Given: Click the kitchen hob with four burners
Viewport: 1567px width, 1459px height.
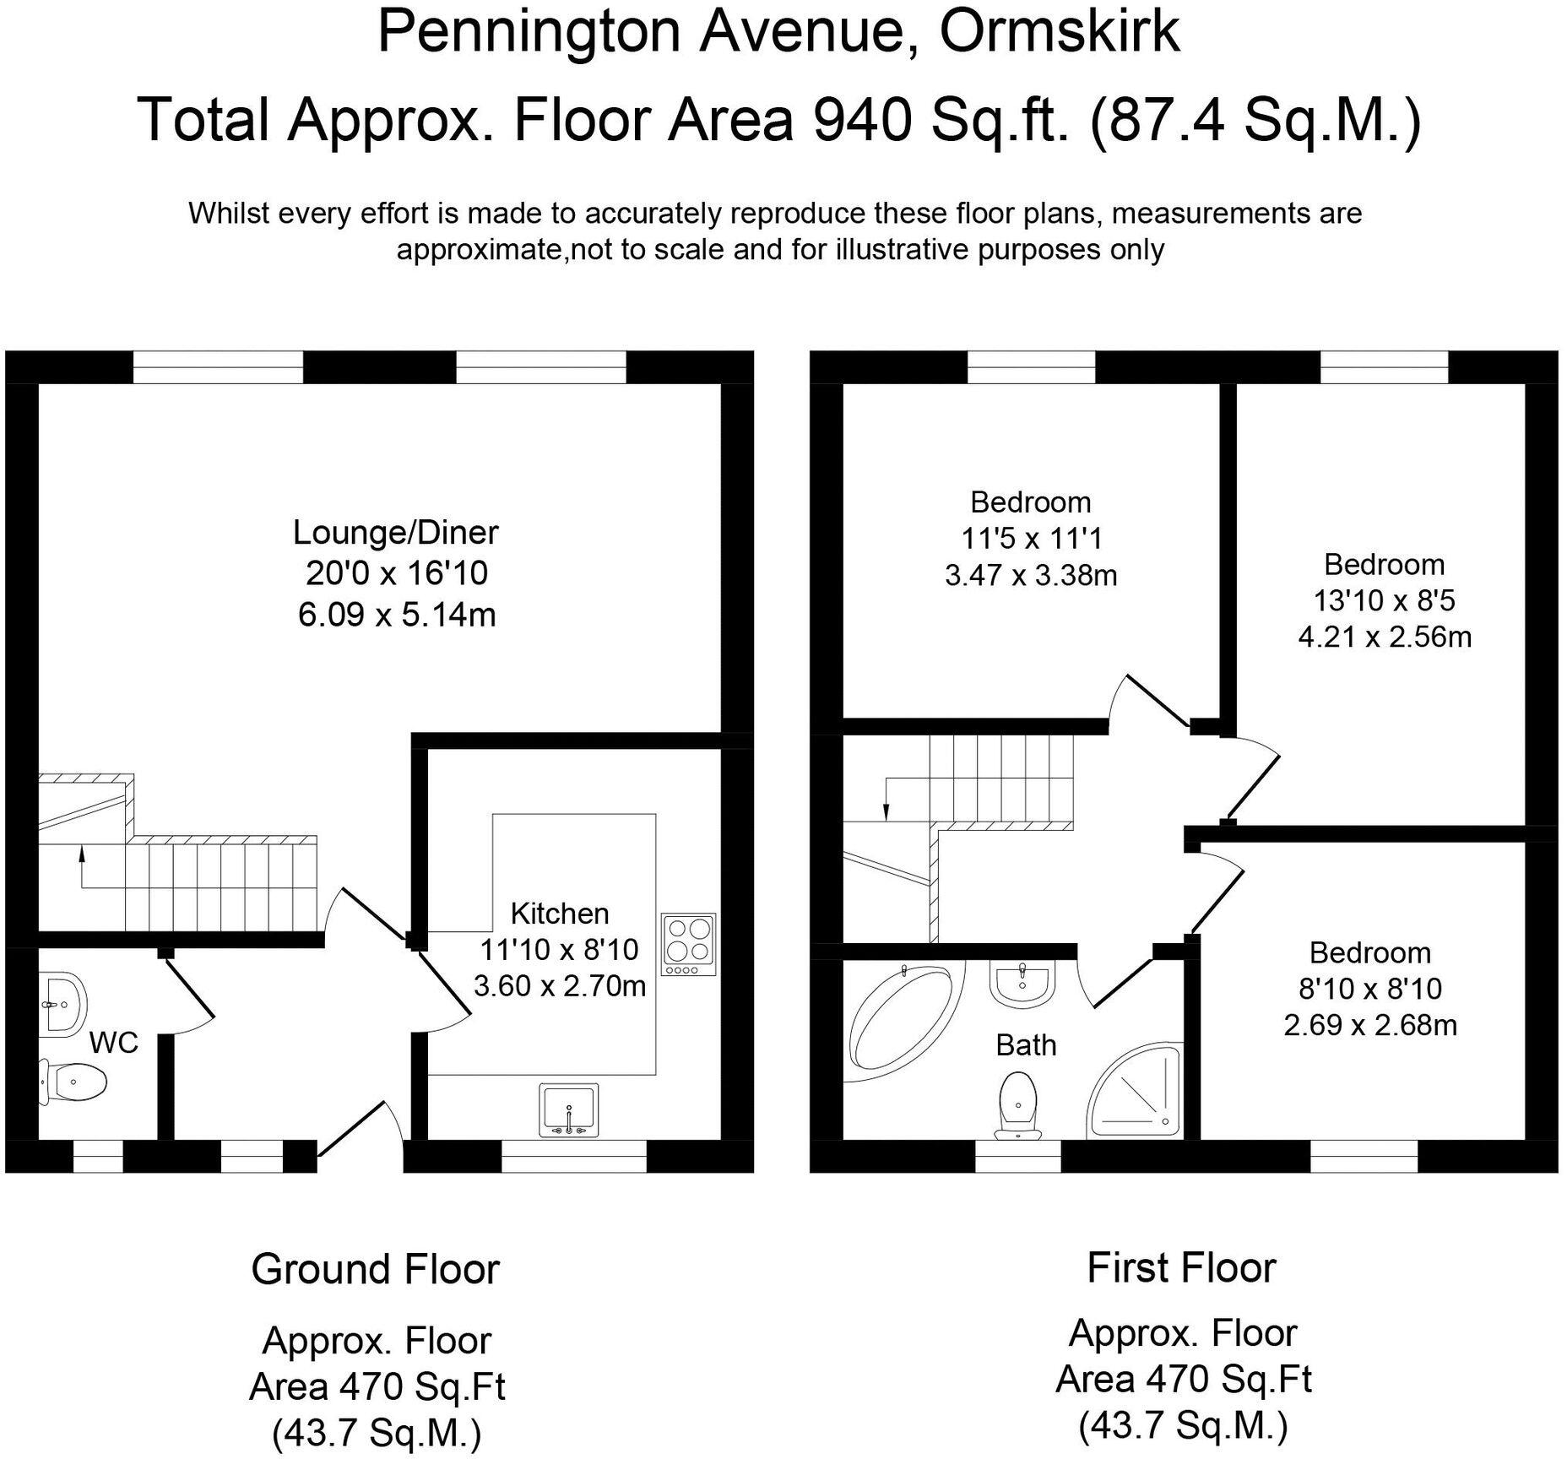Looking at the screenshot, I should pyautogui.click(x=689, y=943).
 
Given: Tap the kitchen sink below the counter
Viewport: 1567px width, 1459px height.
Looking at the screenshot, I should pyautogui.click(x=568, y=1109).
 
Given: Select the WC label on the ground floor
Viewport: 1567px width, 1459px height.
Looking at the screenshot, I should pyautogui.click(x=113, y=1043).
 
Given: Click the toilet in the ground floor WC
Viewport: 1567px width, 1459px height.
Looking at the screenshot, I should pyautogui.click(x=74, y=1082).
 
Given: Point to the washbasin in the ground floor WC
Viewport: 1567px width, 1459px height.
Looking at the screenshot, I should pyautogui.click(x=62, y=1005).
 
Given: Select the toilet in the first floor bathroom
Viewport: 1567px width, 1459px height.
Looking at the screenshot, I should pyautogui.click(x=1019, y=1102).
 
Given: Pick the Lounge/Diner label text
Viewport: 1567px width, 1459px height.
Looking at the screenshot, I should pyautogui.click(x=395, y=533).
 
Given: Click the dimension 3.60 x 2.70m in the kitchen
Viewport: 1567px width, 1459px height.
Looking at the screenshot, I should pyautogui.click(x=559, y=985).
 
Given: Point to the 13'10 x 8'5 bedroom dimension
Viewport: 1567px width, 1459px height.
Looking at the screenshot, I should pyautogui.click(x=1384, y=600).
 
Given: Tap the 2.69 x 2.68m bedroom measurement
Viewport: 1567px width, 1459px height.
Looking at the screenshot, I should pyautogui.click(x=1370, y=1025).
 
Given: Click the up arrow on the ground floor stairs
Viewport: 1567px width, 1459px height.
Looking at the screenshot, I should pyautogui.click(x=82, y=855).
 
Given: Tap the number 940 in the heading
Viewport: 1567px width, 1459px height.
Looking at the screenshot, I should pyautogui.click(x=862, y=119).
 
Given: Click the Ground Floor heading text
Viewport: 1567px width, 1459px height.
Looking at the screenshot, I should pyautogui.click(x=375, y=1269).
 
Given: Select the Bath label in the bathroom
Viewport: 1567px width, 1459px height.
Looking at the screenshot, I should pyautogui.click(x=1026, y=1045).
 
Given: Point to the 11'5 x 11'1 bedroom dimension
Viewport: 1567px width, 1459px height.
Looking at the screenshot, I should pyautogui.click(x=1031, y=538).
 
